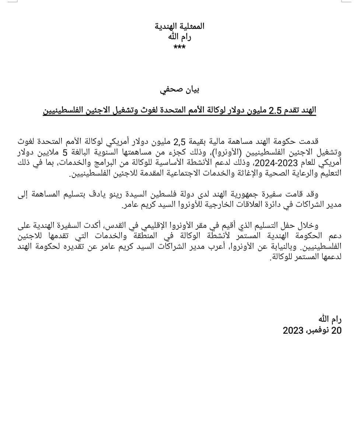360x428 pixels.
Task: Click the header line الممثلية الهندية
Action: [179, 26]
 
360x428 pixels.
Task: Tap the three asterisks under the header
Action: [179, 47]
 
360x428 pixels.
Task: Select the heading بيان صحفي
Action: [179, 90]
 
